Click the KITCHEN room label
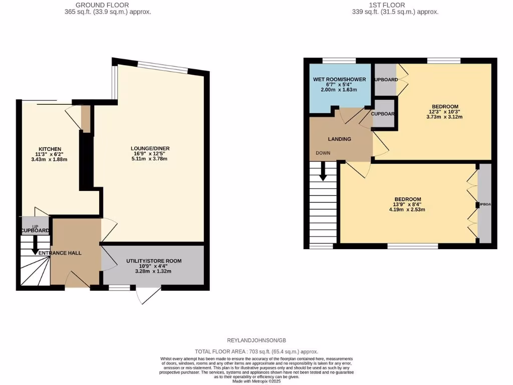point(50,149)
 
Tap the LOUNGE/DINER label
point(150,148)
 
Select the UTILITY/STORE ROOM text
point(153,261)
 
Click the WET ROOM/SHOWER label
point(340,79)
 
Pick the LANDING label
point(339,139)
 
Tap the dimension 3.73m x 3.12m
point(444,117)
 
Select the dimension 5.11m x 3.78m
point(150,159)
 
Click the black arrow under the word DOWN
point(323,172)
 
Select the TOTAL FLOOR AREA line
point(256,352)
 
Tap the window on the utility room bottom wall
point(119,288)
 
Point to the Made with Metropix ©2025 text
point(256,382)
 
